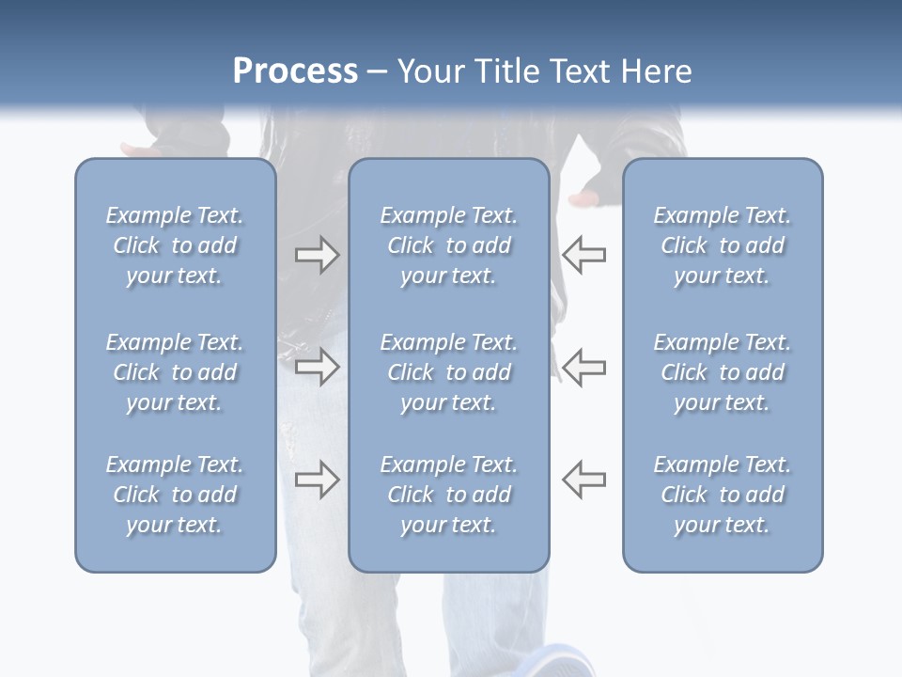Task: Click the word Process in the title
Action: point(295,71)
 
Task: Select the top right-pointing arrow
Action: point(317,255)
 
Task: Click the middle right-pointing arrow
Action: point(317,367)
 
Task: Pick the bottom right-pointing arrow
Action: point(317,480)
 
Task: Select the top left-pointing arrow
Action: point(584,255)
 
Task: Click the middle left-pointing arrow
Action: point(584,367)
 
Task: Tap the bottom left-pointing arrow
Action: point(584,480)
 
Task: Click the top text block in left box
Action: point(175,245)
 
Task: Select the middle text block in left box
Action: point(175,372)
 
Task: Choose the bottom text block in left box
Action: point(175,495)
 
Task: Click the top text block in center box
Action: point(448,245)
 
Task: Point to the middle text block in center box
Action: point(448,372)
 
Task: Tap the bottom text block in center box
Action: point(448,495)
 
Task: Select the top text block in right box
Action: point(722,245)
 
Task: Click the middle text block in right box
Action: point(722,372)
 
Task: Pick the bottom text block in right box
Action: point(722,495)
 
